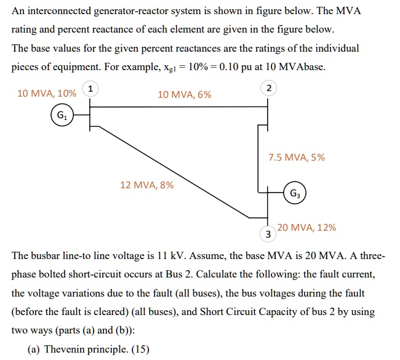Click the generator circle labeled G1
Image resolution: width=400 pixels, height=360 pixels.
click(x=61, y=115)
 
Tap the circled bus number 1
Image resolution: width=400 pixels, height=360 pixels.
click(x=91, y=89)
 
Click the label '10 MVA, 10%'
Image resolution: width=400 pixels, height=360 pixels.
click(x=47, y=94)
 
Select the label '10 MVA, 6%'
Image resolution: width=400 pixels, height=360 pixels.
click(x=184, y=94)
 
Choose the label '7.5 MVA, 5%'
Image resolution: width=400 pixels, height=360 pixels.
click(x=296, y=157)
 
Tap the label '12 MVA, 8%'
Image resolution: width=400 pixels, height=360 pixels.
click(x=146, y=184)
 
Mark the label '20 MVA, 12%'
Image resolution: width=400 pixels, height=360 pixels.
click(x=306, y=227)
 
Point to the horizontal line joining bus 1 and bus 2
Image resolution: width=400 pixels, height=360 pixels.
click(x=178, y=107)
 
